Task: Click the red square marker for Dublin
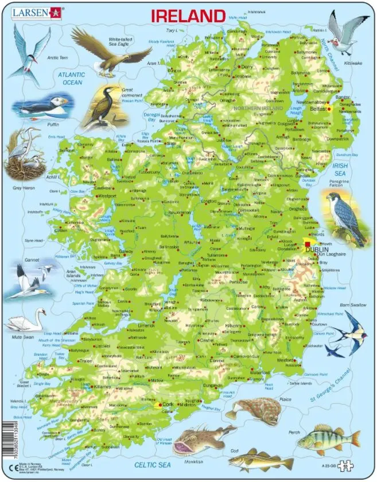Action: click(307, 244)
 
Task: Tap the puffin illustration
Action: click(43, 106)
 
